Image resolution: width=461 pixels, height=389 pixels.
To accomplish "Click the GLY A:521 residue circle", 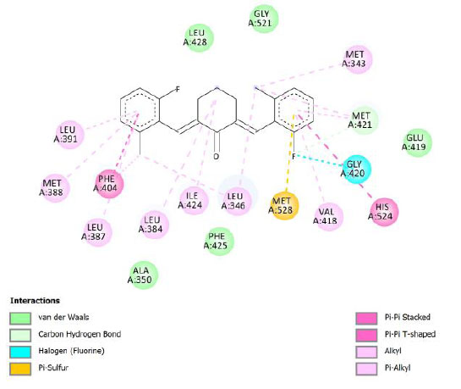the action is point(263,19).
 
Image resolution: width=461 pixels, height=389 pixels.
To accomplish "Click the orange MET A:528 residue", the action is point(284,206).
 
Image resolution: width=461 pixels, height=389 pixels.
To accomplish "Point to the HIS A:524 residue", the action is point(384,212).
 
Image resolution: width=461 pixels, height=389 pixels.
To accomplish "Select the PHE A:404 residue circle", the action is point(109,184).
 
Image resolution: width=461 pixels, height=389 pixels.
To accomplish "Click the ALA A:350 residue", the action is point(144,275).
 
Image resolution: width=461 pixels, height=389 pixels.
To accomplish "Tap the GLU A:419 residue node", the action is point(417,142).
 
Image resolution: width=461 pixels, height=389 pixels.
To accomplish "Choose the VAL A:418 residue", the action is point(328,216).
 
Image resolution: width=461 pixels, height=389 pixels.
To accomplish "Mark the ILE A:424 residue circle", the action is point(194,201).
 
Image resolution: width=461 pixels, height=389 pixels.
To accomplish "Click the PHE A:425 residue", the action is point(219,241).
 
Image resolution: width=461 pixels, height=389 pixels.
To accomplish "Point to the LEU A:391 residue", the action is point(69,135).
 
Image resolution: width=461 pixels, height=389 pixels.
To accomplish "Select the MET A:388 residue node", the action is point(55,188).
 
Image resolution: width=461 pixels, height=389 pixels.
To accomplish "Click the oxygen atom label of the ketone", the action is point(217,157).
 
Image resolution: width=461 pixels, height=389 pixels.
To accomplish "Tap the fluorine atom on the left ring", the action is point(178,89).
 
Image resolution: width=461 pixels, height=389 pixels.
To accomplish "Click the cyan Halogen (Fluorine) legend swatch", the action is point(20,352).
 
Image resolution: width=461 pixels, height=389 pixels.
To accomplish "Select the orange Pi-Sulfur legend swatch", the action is point(20,369).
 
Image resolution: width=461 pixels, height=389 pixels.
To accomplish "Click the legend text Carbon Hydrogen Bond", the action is point(80,334).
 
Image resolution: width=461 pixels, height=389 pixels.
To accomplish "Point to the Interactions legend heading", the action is point(35,301).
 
